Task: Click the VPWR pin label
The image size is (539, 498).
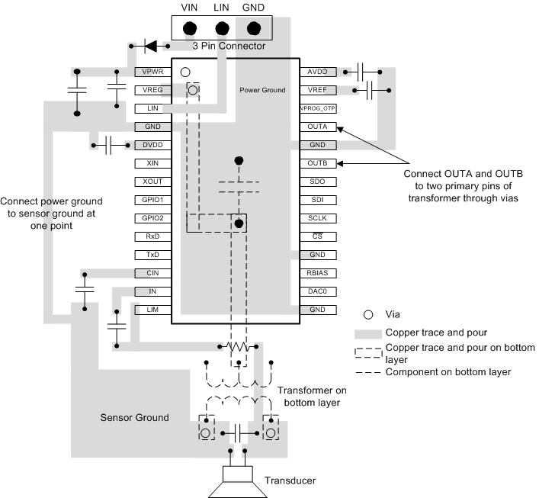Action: coord(147,72)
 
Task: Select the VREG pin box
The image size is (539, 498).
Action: coord(147,90)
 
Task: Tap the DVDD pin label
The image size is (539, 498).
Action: coord(147,145)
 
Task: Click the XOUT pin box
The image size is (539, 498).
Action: coord(147,182)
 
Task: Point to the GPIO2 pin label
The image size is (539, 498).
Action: coord(147,218)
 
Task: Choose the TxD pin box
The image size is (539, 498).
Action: coord(147,255)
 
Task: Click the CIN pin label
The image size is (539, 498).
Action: coord(147,273)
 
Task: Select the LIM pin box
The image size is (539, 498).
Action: coord(147,310)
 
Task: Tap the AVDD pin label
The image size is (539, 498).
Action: coord(318,72)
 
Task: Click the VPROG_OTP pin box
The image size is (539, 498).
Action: coord(318,108)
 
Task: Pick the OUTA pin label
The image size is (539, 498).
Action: coord(318,127)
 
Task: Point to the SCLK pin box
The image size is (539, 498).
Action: coord(318,218)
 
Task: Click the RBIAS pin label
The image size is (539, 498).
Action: coord(318,273)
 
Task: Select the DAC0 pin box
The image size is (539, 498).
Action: coord(318,291)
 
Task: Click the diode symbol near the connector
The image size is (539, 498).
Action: coord(151,47)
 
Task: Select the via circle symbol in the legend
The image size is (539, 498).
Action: coord(368,314)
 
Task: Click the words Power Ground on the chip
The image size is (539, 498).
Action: coord(262,90)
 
